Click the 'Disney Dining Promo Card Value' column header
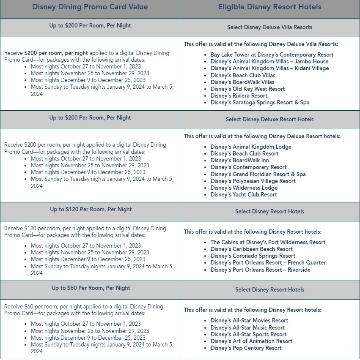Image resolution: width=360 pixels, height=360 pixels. pos(90,7)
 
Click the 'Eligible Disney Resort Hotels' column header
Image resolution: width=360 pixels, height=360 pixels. pos(269,7)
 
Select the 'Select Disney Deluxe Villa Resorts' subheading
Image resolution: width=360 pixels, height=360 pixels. pos(269,27)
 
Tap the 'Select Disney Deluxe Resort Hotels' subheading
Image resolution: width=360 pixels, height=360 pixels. pos(269,120)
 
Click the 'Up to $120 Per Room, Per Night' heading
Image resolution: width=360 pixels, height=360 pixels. pos(90,210)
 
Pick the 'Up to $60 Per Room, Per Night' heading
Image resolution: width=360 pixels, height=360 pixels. pos(91,288)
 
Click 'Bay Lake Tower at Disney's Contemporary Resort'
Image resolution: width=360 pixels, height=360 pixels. pos(272,55)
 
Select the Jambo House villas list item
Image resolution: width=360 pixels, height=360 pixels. pos(269,62)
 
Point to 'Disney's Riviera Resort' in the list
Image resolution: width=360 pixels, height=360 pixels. pos(239,96)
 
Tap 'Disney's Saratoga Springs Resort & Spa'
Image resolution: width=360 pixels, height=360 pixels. pos(260,103)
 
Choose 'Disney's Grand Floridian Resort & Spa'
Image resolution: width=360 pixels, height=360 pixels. pos(258,174)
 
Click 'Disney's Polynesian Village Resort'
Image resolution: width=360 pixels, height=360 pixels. pos(253,181)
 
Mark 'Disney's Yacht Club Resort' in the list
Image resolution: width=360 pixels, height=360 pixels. pos(244,195)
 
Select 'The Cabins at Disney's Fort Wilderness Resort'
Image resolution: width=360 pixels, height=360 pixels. pos(268,243)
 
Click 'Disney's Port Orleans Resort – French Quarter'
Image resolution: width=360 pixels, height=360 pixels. pos(268,263)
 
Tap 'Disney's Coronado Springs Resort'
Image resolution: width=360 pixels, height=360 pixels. pos(253,256)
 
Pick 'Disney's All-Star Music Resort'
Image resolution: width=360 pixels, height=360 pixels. pos(247,328)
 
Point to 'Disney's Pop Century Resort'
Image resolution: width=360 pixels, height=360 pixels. pos(246,348)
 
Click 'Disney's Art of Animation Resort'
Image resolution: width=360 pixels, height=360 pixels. pos(251,341)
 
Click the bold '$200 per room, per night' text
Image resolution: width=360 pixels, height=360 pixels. pos(56,53)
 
